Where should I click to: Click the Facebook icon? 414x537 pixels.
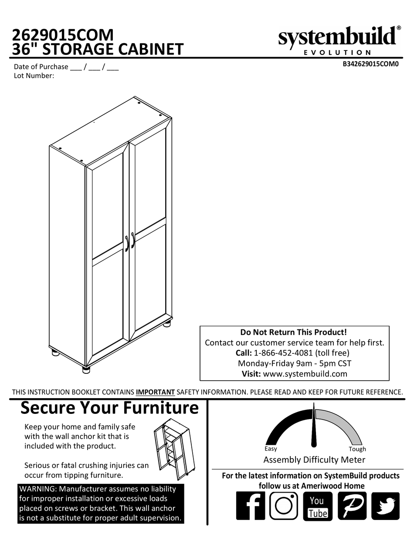coord(250,506)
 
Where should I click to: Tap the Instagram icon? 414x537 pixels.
coord(284,506)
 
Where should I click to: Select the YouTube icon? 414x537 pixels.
coord(318,506)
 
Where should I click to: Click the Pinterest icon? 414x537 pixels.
coord(352,506)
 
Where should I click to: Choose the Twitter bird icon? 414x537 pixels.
coord(385,506)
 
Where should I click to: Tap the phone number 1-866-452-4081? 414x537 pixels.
coord(283,353)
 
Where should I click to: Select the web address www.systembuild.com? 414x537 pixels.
coord(305,373)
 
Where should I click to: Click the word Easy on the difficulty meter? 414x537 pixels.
coord(271,449)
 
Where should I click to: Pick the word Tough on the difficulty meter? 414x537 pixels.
coord(357,449)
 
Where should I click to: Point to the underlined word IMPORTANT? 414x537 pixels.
coord(155,392)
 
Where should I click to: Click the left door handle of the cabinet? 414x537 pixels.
coord(127,243)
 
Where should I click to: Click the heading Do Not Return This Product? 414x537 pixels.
coord(294,332)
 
